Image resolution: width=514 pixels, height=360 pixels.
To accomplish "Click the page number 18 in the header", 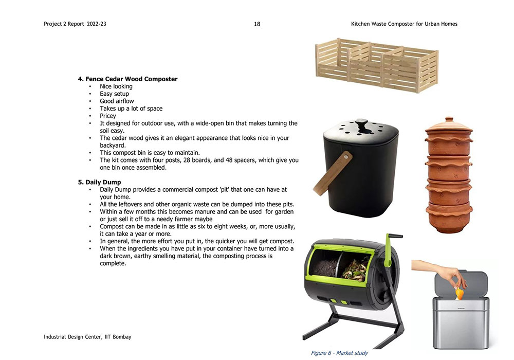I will (x=257, y=24).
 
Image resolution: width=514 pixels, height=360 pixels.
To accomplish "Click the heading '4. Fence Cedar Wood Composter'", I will (x=127, y=79).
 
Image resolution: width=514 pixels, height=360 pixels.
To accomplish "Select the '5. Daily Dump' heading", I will (x=99, y=182).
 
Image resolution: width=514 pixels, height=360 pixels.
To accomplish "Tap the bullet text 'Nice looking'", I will (x=116, y=86).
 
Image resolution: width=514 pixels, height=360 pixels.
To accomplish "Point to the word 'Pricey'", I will (x=108, y=116).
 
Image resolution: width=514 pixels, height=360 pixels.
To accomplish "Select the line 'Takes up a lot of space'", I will (x=131, y=109).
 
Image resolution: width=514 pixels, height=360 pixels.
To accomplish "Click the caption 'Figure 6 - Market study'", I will (x=339, y=353).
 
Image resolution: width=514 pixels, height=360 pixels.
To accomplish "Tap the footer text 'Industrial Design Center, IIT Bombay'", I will (x=87, y=337).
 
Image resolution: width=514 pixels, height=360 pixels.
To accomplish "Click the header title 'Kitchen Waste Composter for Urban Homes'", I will (x=404, y=24).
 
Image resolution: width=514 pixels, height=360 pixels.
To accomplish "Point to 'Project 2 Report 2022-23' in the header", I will (x=75, y=24).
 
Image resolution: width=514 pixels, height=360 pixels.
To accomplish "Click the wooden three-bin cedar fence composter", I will (x=376, y=64).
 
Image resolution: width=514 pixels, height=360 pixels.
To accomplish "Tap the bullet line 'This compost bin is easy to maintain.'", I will (x=150, y=153).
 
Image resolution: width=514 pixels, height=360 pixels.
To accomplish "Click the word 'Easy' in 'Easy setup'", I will (x=106, y=94).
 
